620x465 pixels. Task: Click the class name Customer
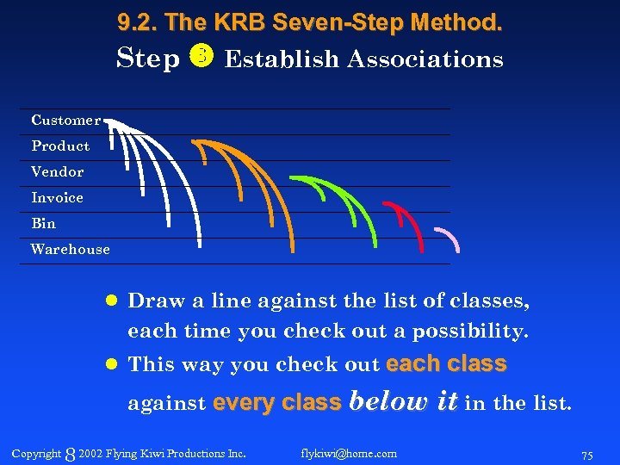pos(65,120)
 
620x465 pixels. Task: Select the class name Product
pos(60,146)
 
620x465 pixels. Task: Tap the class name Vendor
pos(57,171)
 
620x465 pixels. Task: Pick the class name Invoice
pos(57,197)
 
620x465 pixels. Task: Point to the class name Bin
pos(43,223)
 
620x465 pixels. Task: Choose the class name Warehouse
pos(70,249)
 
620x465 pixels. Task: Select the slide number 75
pos(587,454)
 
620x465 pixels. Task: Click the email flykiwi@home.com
pos(349,453)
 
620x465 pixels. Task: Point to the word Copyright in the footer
pos(36,453)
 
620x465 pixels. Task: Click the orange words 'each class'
pos(446,364)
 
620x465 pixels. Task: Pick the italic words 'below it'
pos(401,401)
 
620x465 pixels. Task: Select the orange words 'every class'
pos(276,402)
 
